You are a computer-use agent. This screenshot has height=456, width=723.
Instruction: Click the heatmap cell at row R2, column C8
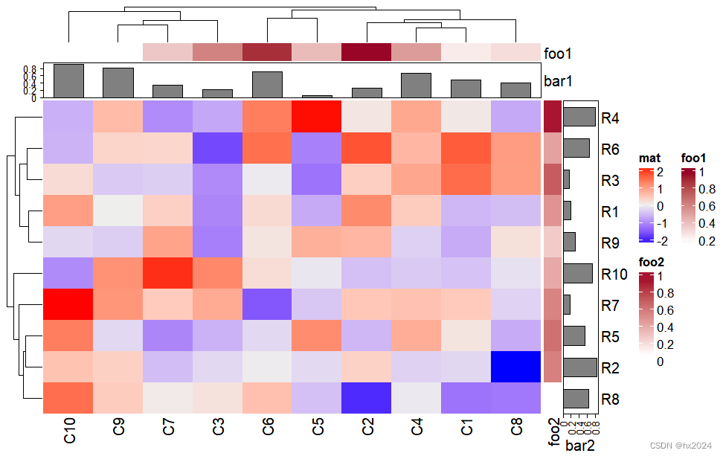coord(515,367)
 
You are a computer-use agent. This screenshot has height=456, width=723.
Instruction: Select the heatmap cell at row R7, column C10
coord(68,304)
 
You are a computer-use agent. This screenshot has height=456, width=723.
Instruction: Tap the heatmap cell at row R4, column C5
coord(316,117)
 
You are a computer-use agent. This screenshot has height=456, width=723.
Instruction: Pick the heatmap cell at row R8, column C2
coord(366,398)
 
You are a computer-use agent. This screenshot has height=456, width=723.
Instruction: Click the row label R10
coord(614,274)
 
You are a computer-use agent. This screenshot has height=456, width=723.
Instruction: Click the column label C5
coord(317,430)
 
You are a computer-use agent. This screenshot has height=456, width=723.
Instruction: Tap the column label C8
coord(515,430)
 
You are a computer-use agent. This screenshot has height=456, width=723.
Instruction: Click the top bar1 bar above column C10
coord(68,80)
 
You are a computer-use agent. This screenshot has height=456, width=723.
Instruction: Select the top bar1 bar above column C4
coord(416,85)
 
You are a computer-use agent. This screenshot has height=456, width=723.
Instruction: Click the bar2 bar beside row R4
coord(579,117)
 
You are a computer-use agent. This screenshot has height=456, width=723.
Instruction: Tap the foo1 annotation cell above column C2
coord(366,52)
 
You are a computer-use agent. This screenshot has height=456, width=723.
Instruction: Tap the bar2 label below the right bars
coord(582,446)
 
